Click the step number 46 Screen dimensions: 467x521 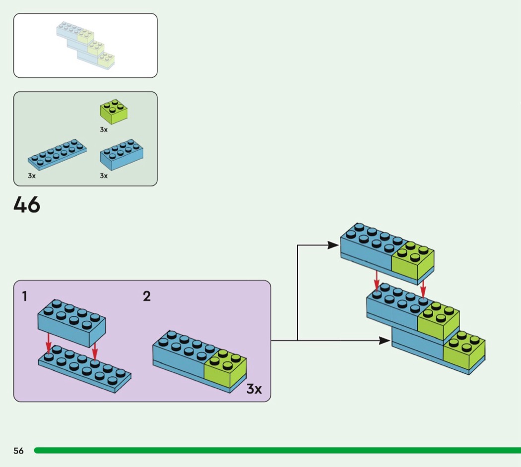click(27, 204)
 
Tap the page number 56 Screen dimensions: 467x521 click(18, 451)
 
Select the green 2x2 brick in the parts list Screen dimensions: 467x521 click(113, 111)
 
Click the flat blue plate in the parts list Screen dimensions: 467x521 click(57, 154)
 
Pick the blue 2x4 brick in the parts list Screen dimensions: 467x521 click(122, 155)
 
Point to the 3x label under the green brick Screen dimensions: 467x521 click(103, 129)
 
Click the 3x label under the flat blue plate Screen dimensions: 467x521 click(32, 176)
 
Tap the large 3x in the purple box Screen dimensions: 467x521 click(254, 389)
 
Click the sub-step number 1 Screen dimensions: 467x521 click(24, 296)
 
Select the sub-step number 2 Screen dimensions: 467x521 click(146, 296)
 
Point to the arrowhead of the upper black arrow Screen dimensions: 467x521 click(333, 244)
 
